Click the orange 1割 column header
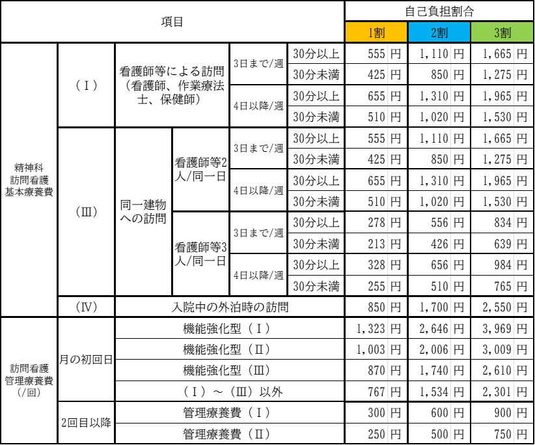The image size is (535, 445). coord(376,33)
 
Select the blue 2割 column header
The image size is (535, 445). coord(439,33)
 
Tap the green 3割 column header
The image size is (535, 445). coord(502,33)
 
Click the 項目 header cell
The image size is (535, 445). coord(172,22)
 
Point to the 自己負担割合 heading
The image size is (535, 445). coord(439,11)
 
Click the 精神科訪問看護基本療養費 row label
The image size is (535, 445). coord(29,180)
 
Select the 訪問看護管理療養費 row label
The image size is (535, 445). coord(29,380)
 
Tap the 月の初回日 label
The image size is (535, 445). coord(86,359)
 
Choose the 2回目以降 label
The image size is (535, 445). coord(86,423)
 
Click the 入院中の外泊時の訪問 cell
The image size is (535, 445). coord(230,307)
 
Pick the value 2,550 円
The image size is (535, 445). coord(504,307)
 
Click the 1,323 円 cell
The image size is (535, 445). coord(378,328)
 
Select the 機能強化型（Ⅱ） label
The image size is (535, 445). coord(226,349)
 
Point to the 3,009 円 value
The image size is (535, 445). coord(504,349)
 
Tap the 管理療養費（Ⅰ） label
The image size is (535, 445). coord(226,412)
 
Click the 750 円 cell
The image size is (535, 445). coord(511,434)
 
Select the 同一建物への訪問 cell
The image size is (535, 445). coord(143,211)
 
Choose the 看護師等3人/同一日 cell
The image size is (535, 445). coord(200,253)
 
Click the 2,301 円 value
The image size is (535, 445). coord(504,392)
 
